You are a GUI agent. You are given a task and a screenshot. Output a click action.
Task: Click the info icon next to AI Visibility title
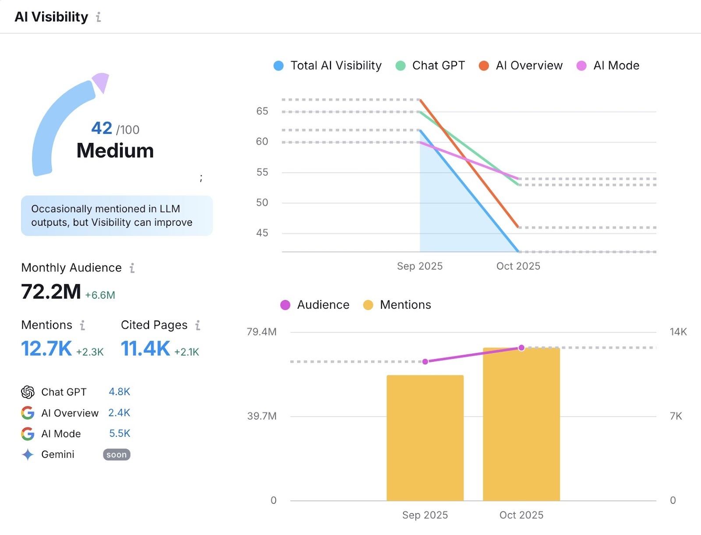point(99,17)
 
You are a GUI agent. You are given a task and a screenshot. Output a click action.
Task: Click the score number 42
point(102,128)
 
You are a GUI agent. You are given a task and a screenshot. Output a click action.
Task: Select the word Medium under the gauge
point(115,150)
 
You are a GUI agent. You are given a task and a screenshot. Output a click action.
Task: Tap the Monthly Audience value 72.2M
point(51,292)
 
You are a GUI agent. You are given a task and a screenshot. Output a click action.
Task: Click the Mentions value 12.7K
point(46,349)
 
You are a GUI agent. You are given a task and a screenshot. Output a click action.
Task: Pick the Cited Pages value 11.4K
point(145,349)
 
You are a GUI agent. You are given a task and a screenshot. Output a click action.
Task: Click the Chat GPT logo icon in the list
point(28,392)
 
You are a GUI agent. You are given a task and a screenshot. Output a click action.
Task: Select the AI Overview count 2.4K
point(119,413)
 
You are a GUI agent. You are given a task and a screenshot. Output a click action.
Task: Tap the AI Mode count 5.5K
point(120,433)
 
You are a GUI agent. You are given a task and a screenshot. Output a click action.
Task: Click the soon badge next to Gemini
point(117,455)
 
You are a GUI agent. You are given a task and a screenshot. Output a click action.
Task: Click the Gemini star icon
point(28,455)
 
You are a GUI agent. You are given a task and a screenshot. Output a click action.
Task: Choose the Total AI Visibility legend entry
point(328,66)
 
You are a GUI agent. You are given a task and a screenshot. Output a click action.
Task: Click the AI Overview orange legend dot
point(484,66)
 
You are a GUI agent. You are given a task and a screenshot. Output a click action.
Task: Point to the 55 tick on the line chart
point(262,172)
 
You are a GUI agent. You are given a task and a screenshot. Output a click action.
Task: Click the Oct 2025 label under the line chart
point(518,266)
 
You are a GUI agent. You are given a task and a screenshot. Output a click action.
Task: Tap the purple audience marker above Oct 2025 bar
point(521,348)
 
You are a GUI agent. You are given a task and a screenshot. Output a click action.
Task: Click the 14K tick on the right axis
point(678,332)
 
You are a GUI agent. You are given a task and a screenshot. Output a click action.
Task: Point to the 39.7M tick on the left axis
point(262,416)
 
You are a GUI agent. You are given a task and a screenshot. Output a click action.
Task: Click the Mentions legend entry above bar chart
point(397,305)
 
